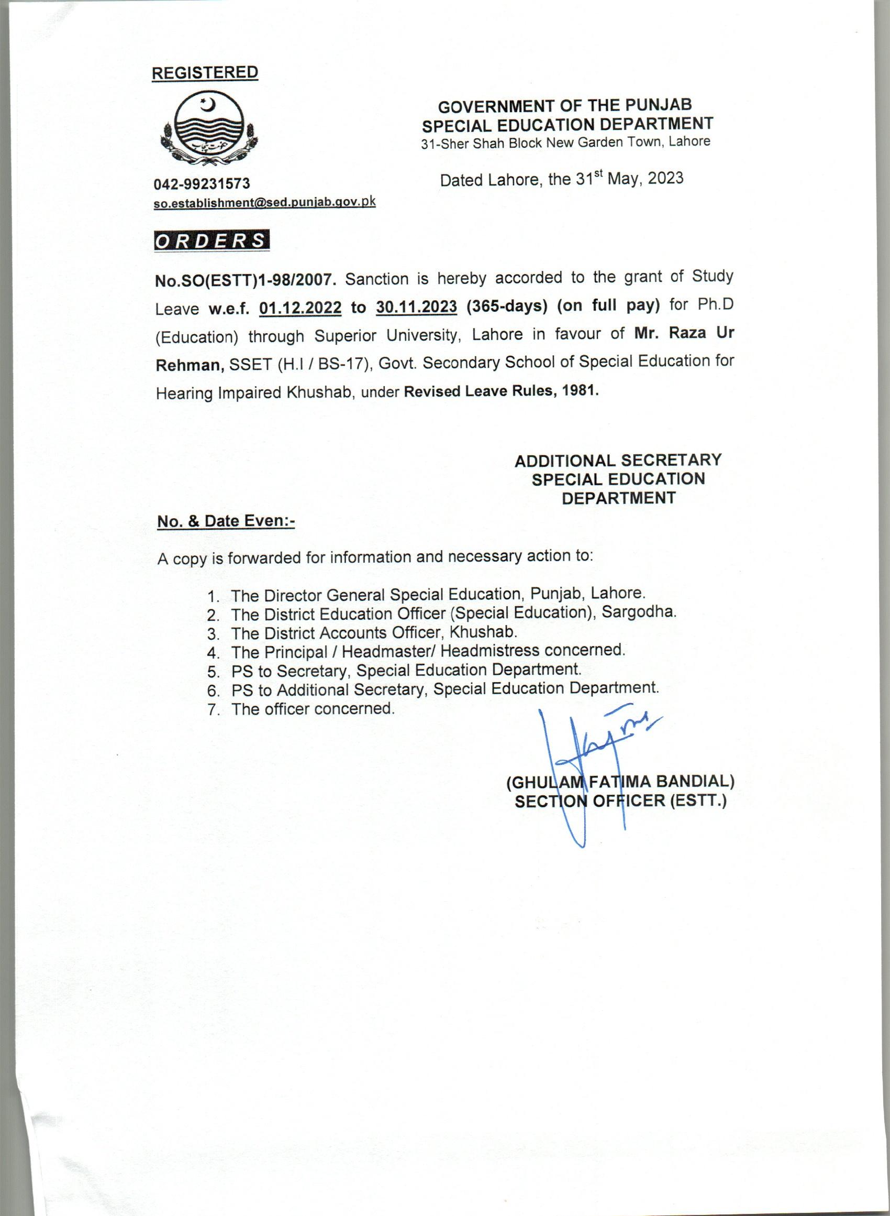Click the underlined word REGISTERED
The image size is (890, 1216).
205,73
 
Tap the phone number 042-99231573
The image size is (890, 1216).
202,184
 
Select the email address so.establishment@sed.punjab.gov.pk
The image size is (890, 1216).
264,202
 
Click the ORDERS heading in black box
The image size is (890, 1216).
211,240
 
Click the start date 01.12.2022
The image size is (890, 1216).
300,308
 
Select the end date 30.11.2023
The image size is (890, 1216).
417,307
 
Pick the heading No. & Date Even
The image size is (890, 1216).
226,521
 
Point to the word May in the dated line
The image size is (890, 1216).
624,179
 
